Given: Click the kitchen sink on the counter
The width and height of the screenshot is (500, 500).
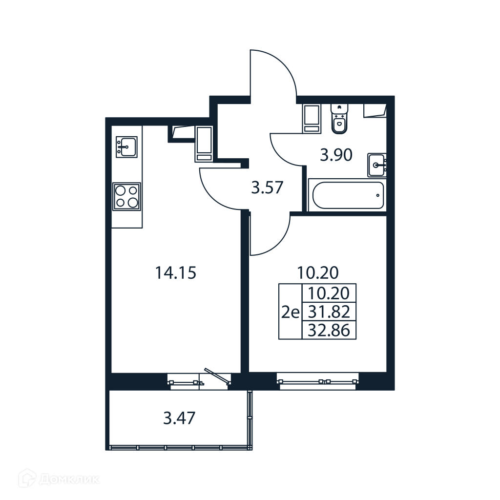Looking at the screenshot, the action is coord(126,146).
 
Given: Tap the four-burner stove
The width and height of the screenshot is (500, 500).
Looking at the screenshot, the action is coord(126,196).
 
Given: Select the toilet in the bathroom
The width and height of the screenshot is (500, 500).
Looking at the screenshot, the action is coord(339,119).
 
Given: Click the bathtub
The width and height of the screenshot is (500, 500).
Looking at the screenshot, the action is coord(348,195).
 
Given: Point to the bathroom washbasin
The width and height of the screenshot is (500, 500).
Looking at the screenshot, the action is coord(376,165).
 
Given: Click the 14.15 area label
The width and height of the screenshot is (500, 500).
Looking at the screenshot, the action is coord(175,273).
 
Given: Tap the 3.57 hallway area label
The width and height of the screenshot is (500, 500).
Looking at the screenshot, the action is coord(267,187).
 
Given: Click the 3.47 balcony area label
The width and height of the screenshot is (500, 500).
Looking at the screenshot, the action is coord(179,418).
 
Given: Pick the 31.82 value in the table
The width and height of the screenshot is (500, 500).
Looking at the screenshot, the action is coord(329,312).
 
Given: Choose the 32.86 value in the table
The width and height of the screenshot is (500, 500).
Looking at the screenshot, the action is coord(329,331).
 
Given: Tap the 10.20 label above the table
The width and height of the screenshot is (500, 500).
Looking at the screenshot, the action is coord(317,272).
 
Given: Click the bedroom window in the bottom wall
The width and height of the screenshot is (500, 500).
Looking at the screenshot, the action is coord(318,381).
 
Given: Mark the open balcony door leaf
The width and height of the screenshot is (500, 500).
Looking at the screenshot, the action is coord(217,376).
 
